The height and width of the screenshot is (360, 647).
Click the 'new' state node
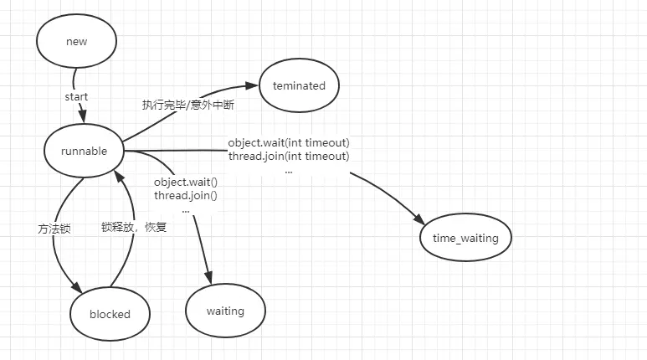pyautogui.click(x=75, y=41)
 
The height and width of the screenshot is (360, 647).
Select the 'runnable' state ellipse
pyautogui.click(x=84, y=151)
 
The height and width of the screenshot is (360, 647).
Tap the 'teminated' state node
pyautogui.click(x=299, y=85)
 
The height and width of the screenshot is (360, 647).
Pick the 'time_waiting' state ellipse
pyautogui.click(x=465, y=238)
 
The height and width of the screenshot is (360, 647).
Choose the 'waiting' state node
pyautogui.click(x=225, y=311)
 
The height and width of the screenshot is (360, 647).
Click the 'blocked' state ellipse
pyautogui.click(x=110, y=314)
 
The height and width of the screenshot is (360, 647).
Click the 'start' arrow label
pyautogui.click(x=76, y=96)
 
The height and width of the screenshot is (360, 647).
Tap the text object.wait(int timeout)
pyautogui.click(x=289, y=142)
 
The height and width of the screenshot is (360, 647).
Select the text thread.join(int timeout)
pyautogui.click(x=289, y=156)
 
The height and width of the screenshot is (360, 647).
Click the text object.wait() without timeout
pyautogui.click(x=186, y=182)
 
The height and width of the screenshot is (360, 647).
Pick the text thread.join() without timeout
pyautogui.click(x=186, y=195)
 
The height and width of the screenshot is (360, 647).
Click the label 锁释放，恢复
pyautogui.click(x=134, y=226)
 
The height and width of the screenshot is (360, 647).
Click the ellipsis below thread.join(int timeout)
pyautogui.click(x=289, y=170)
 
